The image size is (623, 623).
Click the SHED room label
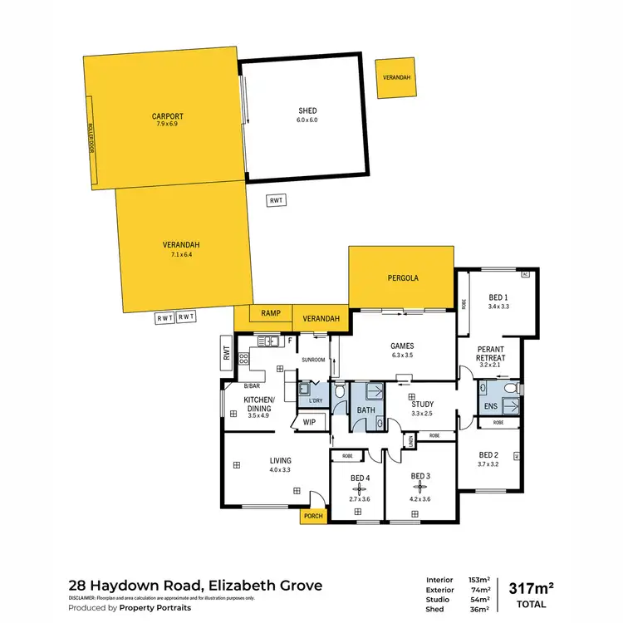pos(307,110)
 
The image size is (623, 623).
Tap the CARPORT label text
pos(167,116)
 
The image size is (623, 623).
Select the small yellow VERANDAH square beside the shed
pos(395,78)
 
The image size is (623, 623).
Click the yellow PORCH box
pos(312,517)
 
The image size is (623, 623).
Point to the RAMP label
pos(271,314)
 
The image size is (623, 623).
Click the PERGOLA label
pos(401,278)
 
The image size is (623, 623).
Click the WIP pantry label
pos(310,422)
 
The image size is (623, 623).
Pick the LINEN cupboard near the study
pos(408,441)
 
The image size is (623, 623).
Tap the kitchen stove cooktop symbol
pos(245,359)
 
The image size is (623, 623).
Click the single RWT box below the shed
pos(276,200)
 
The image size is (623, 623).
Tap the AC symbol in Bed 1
pos(524,274)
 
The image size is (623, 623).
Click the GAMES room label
pos(401,346)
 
